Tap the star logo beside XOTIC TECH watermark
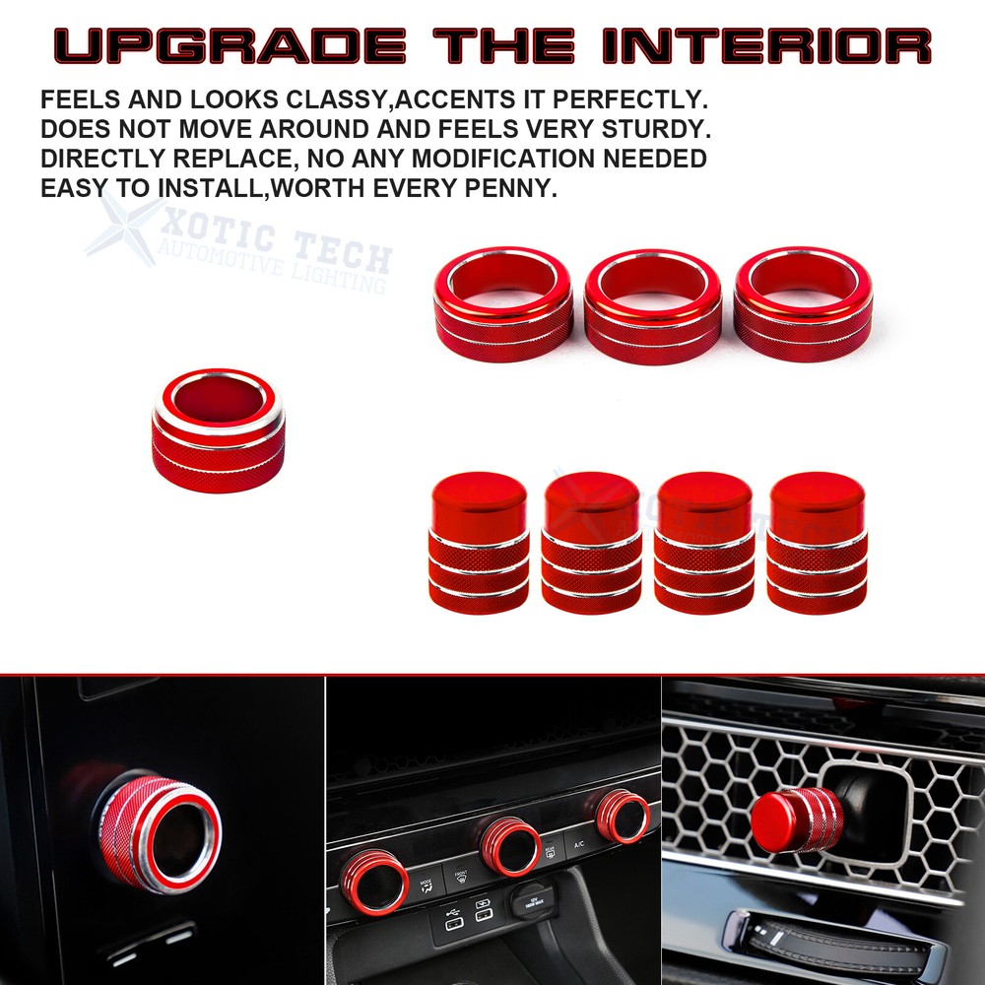coord(124,230)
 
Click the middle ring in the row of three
coord(653,305)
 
